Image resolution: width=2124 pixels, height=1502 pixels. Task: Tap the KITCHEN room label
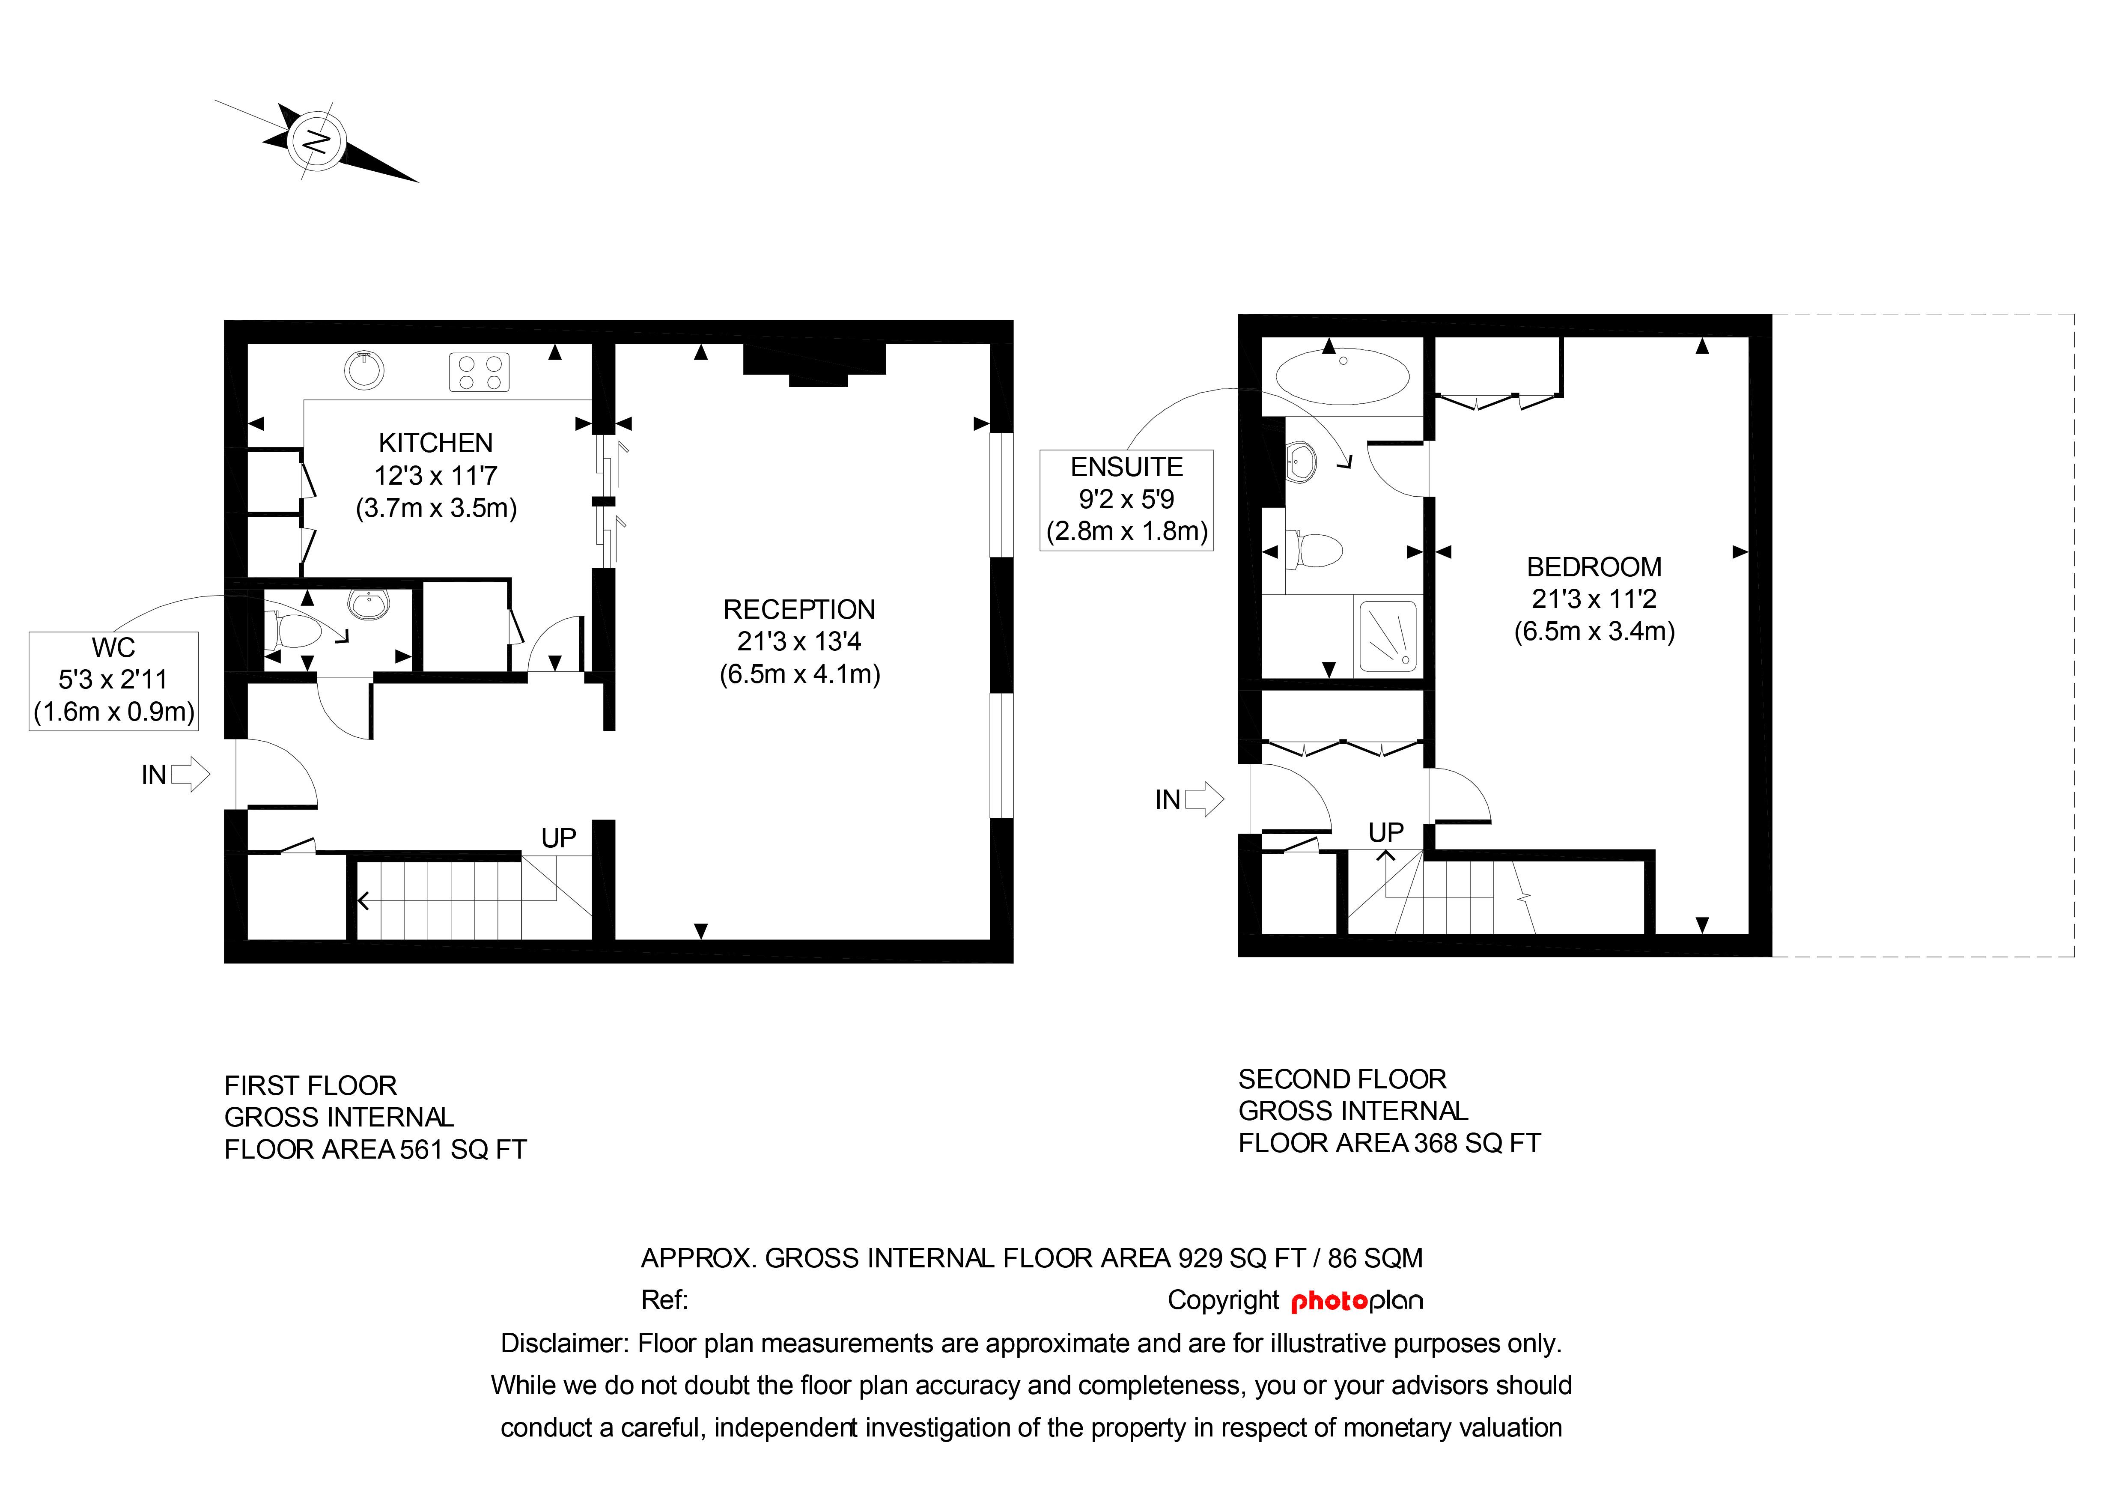[x=436, y=443]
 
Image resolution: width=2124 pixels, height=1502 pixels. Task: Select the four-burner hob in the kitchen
[x=479, y=373]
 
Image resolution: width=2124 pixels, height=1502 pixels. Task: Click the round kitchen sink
[x=364, y=370]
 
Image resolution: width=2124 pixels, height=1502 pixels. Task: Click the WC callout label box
[x=114, y=681]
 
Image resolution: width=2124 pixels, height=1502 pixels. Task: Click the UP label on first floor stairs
[x=559, y=838]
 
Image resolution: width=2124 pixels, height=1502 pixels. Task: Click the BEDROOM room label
[x=1594, y=567]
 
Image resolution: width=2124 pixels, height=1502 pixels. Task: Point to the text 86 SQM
[x=1376, y=1258]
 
